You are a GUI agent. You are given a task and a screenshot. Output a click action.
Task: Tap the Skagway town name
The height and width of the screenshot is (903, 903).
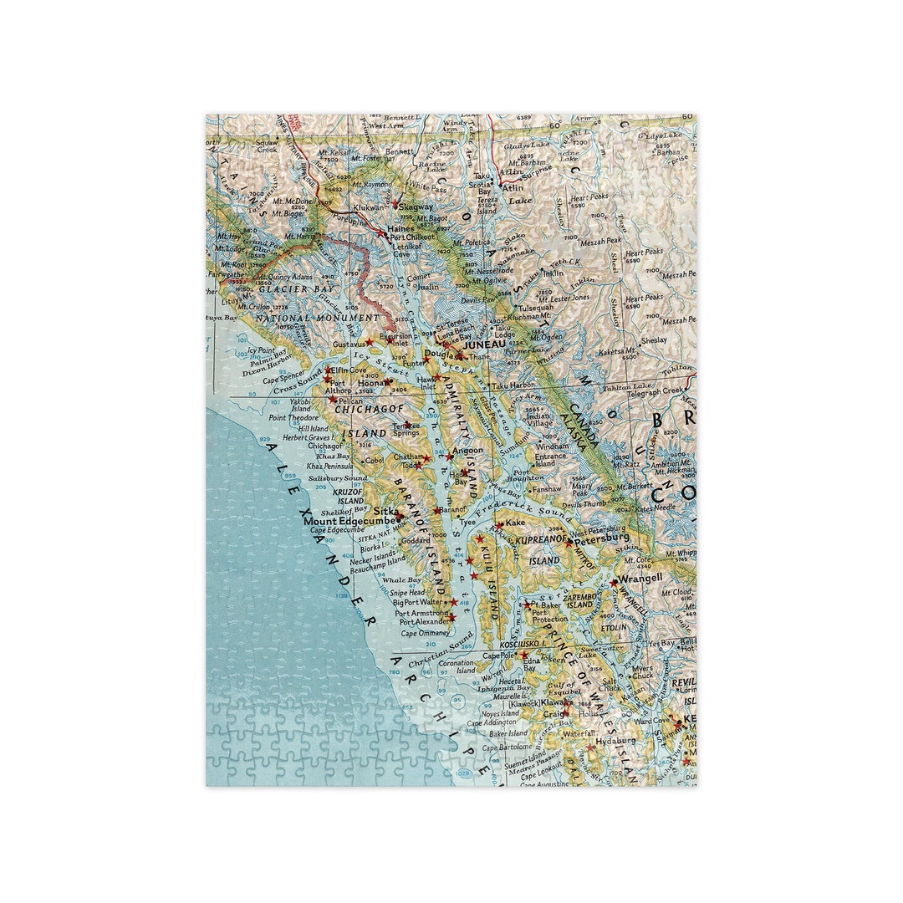click(x=416, y=207)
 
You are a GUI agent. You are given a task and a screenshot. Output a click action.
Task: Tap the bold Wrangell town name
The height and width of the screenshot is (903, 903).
click(x=640, y=577)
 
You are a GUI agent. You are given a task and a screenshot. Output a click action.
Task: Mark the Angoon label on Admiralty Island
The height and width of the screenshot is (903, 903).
click(x=467, y=451)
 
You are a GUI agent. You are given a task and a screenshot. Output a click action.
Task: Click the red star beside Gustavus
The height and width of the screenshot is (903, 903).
click(x=370, y=343)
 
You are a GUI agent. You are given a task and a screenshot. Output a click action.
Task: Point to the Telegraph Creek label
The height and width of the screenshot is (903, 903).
click(x=655, y=391)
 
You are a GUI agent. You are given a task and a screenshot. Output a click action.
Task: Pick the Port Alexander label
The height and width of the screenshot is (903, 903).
click(x=423, y=622)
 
